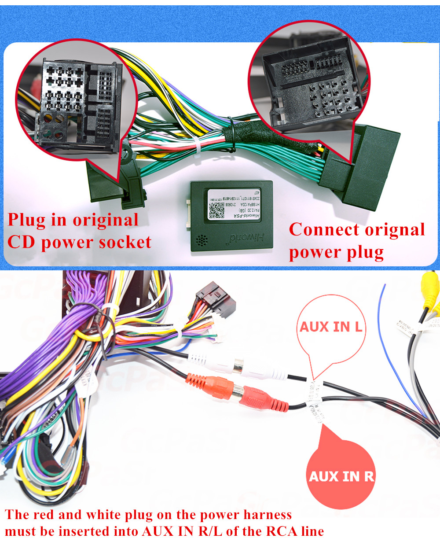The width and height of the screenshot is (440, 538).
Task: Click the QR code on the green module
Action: pyautogui.click(x=217, y=211)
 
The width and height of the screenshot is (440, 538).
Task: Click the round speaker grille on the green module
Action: pyautogui.click(x=202, y=240)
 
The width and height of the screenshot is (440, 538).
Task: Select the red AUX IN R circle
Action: pyautogui.click(x=341, y=475)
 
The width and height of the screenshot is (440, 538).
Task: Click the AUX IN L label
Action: pyautogui.click(x=331, y=327)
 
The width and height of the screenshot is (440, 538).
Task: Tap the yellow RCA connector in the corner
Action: pyautogui.click(x=429, y=288)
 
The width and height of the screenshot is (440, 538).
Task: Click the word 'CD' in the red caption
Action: pyautogui.click(x=22, y=242)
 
